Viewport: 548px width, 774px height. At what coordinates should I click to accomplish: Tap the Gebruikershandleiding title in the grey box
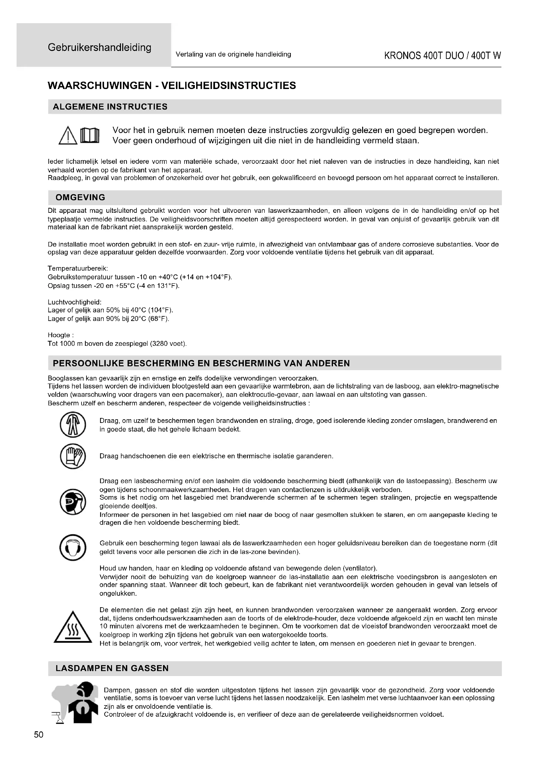[x=99, y=47]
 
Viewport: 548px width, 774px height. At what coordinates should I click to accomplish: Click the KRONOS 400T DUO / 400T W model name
[x=442, y=56]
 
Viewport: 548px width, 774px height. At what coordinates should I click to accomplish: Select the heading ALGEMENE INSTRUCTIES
[x=110, y=107]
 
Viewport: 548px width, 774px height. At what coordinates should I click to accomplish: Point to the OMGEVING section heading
[x=80, y=198]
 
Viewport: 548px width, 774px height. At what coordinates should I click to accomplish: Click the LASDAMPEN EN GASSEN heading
[x=112, y=668]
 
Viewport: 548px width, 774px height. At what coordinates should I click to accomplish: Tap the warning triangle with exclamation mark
[x=68, y=136]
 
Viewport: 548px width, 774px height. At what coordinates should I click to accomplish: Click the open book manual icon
[x=90, y=136]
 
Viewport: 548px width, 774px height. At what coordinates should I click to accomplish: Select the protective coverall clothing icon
[x=73, y=425]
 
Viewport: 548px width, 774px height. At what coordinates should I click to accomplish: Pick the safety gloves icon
[x=73, y=456]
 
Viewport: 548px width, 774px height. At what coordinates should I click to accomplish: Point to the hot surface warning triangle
[x=73, y=627]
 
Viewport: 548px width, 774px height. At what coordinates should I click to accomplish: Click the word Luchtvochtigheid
[x=75, y=302]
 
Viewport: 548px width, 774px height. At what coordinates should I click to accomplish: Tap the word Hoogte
[x=59, y=335]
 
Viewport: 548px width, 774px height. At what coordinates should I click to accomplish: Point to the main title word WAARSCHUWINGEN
[x=100, y=86]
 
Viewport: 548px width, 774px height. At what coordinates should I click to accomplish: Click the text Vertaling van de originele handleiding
[x=233, y=54]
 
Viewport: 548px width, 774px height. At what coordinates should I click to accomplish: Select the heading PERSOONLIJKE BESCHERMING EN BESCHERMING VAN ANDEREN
[x=201, y=363]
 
